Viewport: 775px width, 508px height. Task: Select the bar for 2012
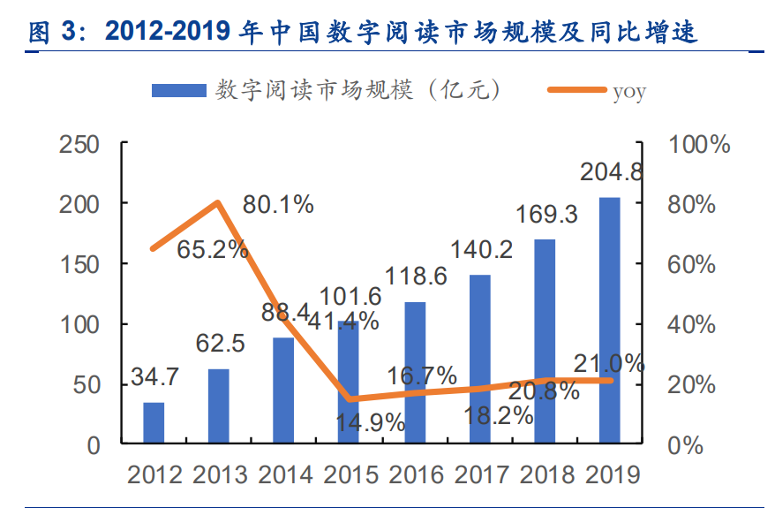[x=154, y=422]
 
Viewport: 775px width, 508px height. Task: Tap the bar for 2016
[x=415, y=372]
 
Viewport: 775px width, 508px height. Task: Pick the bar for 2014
[x=284, y=390]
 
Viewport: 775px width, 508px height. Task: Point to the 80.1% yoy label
[x=278, y=205]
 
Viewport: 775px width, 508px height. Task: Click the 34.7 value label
[x=154, y=376]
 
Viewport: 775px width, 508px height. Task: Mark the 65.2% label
[x=212, y=250]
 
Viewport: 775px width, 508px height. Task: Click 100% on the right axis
[x=700, y=144]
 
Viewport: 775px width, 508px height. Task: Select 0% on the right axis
[x=686, y=445]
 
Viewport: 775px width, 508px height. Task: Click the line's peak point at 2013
[x=218, y=202]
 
